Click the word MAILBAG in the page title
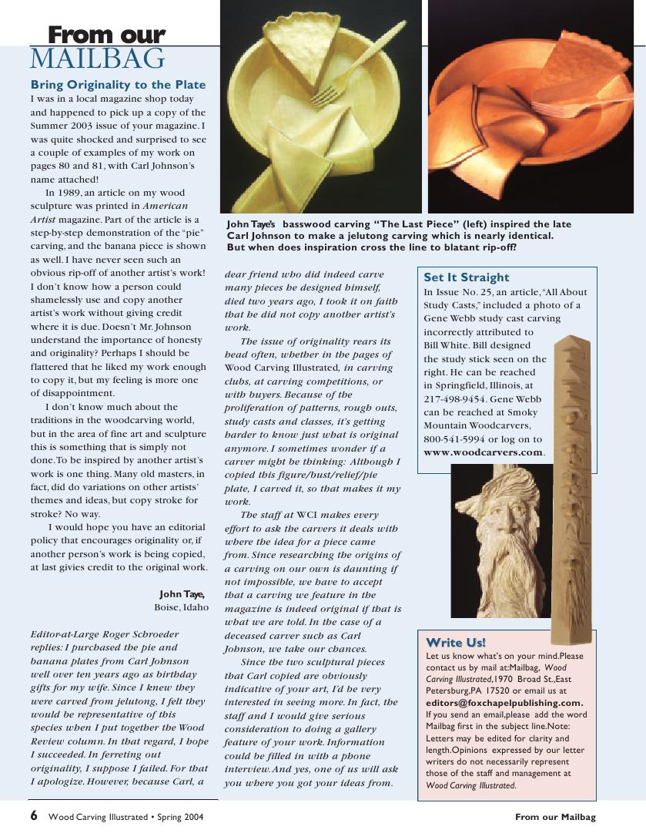pos(97,59)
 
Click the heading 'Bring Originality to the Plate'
pos(118,84)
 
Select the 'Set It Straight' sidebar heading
pos(467,277)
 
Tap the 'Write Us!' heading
pos(456,642)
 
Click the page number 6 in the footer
pos(34,816)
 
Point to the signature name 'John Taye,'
pos(182,593)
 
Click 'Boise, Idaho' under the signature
pos(181,607)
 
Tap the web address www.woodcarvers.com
pos(484,452)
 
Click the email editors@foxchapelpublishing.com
pos(504,703)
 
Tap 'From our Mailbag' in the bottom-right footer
pos(555,817)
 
